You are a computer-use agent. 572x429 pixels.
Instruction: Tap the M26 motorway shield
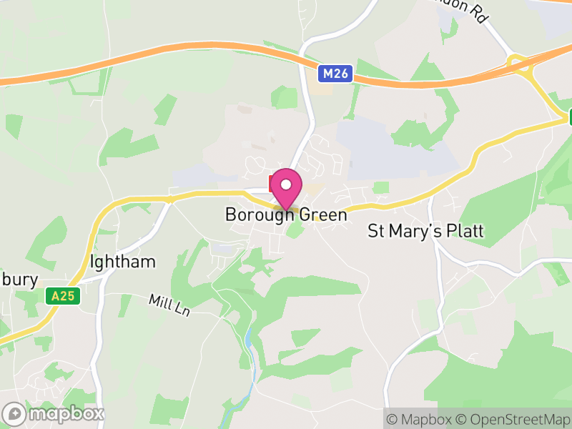click(335, 74)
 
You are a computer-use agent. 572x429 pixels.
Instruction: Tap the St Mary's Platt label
click(425, 231)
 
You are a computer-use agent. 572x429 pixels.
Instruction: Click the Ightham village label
click(123, 261)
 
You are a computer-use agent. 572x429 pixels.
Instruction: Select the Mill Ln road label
click(169, 305)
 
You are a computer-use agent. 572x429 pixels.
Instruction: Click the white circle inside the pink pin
click(286, 184)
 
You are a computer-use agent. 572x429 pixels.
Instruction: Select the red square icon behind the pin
click(272, 182)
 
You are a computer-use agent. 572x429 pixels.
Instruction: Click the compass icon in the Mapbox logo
click(14, 413)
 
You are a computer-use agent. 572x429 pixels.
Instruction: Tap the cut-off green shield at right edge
click(569, 117)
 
